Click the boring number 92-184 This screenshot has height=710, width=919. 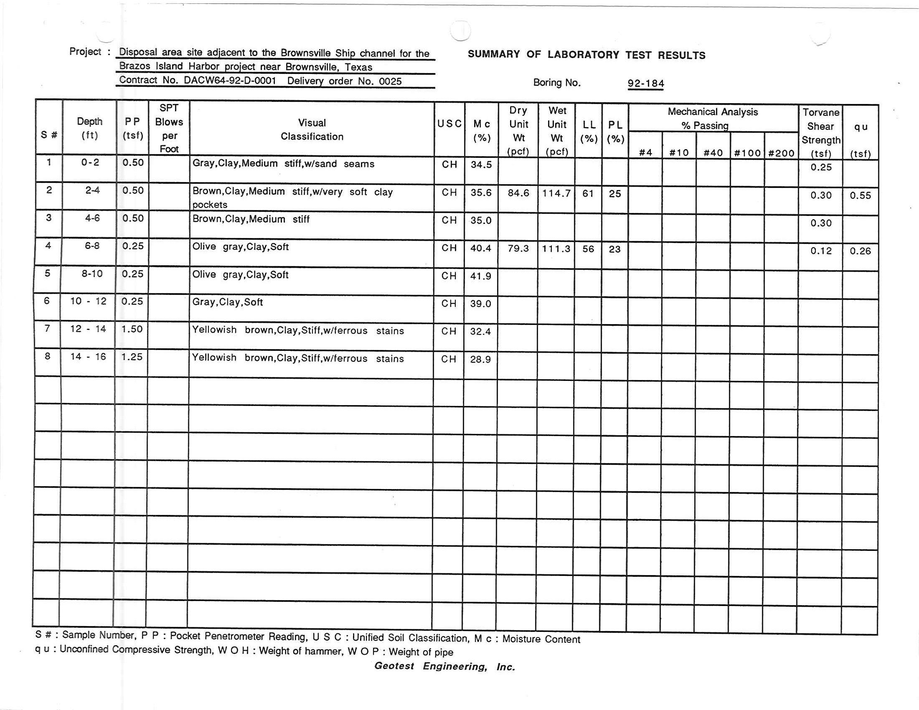click(645, 83)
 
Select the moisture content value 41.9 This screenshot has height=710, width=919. click(480, 276)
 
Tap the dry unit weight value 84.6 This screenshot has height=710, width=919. click(518, 193)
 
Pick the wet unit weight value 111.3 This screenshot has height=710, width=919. click(556, 248)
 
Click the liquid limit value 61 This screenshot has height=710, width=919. click(588, 193)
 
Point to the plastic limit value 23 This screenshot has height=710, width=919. click(615, 249)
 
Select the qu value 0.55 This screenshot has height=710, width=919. click(860, 195)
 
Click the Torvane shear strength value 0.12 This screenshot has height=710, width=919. click(821, 251)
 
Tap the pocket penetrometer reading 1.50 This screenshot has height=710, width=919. click(132, 329)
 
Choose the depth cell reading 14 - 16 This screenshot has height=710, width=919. click(88, 357)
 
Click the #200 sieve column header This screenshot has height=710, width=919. click(781, 153)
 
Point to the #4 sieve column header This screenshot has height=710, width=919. click(645, 153)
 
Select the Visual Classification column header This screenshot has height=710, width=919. click(312, 129)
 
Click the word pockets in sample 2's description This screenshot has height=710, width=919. click(210, 205)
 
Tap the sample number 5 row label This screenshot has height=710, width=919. click(48, 274)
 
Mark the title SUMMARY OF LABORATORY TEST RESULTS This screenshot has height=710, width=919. click(586, 55)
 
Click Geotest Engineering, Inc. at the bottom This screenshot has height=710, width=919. click(444, 666)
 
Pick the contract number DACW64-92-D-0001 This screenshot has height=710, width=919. click(230, 80)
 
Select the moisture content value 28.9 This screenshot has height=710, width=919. click(480, 359)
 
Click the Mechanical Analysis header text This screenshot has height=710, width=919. click(712, 112)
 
